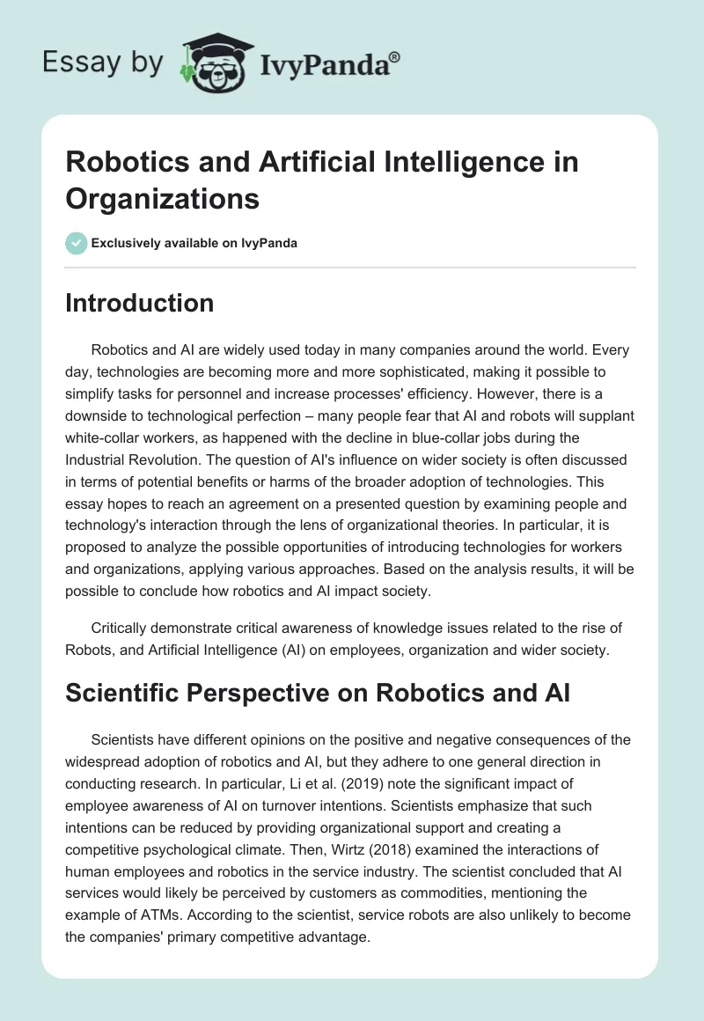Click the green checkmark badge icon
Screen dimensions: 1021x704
click(77, 243)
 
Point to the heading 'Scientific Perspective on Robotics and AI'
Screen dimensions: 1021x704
click(319, 693)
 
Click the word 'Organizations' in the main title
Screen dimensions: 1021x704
click(163, 198)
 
